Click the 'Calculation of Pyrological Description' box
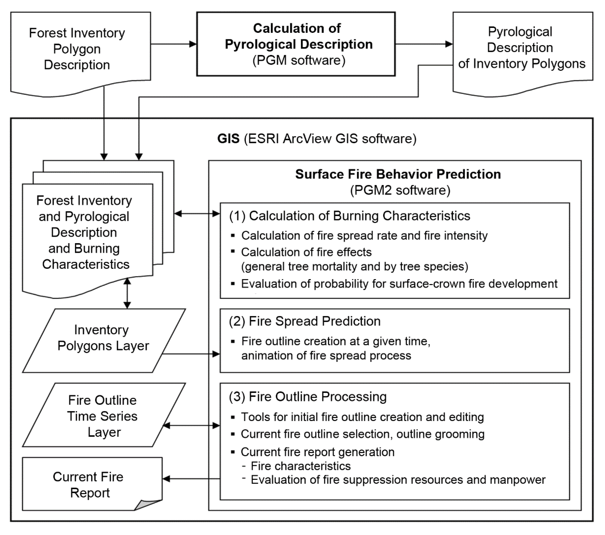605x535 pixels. pos(296,44)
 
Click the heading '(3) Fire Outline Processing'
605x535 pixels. pos(308,397)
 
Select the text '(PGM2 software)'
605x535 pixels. pos(400,190)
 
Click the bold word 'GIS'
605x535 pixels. pos(228,139)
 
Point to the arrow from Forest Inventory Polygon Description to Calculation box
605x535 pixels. pos(174,44)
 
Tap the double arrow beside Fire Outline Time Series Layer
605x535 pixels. pos(191,426)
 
